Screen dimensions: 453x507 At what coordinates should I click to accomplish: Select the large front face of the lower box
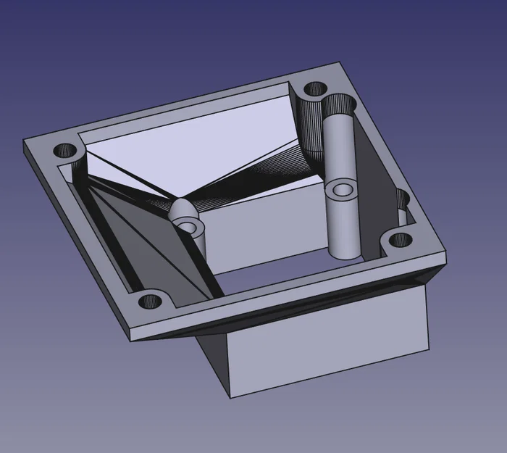[326, 341]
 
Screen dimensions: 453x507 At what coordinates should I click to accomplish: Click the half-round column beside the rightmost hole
[401, 207]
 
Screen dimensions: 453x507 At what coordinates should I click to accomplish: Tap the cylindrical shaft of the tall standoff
[343, 225]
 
